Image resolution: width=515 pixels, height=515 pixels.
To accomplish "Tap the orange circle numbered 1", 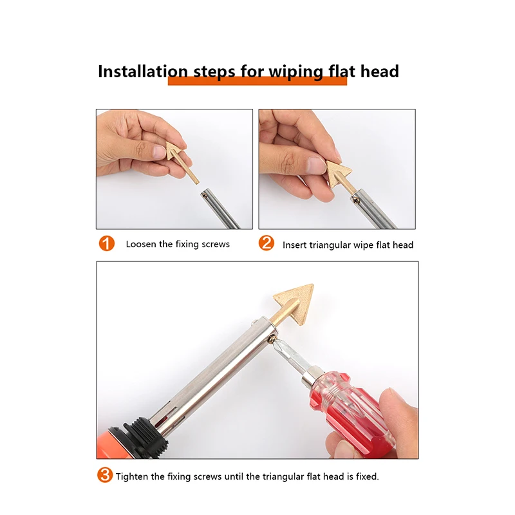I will [106, 244].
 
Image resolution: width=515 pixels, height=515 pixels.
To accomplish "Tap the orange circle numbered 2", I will [267, 244].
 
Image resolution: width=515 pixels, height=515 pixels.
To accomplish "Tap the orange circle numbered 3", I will [105, 476].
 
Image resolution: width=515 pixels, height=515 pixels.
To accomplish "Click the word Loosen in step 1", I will [141, 245].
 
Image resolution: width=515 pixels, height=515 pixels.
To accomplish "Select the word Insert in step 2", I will [295, 245].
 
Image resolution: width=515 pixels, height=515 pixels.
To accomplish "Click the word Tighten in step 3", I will [132, 477].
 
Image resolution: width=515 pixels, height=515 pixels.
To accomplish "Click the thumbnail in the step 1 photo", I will [160, 152].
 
